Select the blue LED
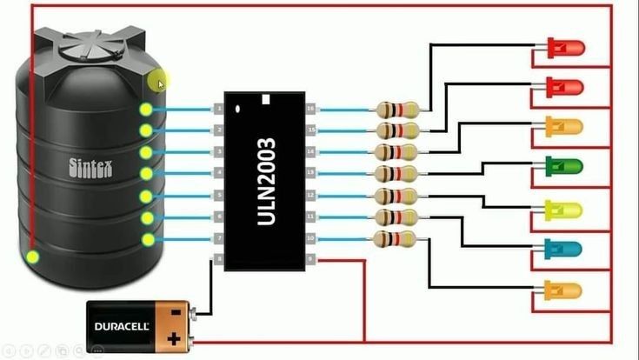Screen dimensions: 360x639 point(564,248)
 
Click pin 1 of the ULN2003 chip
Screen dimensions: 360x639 point(218,109)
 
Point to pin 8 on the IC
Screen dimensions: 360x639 point(218,259)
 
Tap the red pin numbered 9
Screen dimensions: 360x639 point(311,259)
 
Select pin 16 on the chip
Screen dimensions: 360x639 point(311,109)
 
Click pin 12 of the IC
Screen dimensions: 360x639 point(311,195)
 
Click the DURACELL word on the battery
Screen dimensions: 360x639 point(122,326)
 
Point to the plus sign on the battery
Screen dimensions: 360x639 point(174,337)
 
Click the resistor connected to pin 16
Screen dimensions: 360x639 point(398,110)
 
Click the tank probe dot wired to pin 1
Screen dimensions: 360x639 point(146,110)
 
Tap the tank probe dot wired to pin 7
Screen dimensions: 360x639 point(148,238)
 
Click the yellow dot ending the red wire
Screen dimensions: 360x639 point(33,257)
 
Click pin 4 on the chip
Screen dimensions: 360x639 point(218,173)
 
